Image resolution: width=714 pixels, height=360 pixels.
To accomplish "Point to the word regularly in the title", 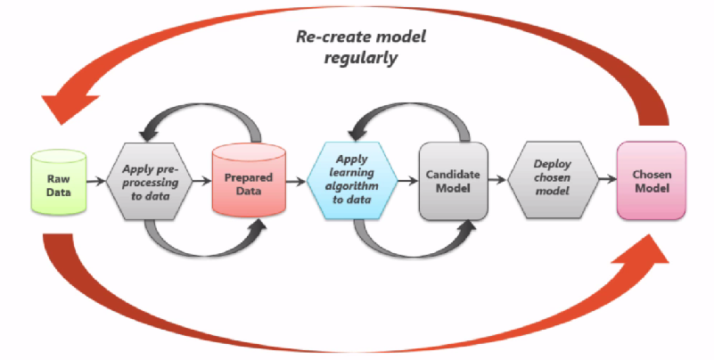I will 360,58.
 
